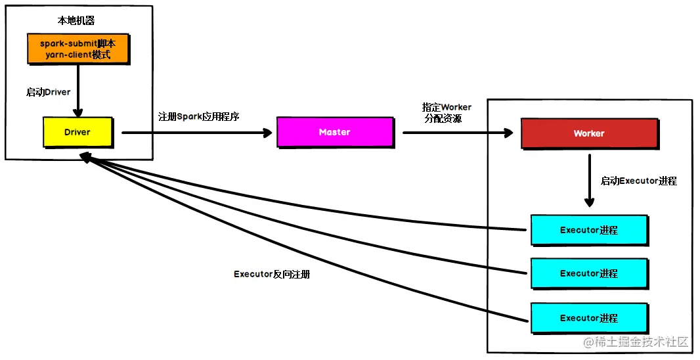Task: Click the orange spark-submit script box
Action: click(78, 49)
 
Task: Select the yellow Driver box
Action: click(77, 132)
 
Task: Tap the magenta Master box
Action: click(335, 132)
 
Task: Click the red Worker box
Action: click(589, 133)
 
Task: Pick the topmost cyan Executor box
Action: click(589, 230)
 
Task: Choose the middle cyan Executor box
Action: click(589, 273)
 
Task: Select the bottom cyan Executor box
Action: click(589, 318)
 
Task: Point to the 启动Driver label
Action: click(49, 92)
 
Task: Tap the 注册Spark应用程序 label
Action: click(199, 117)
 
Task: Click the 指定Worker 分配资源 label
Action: click(447, 113)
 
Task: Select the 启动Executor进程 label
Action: click(638, 181)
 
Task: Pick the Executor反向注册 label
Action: click(272, 274)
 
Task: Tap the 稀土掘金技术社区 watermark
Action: click(634, 342)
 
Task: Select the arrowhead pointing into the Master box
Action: click(267, 133)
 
